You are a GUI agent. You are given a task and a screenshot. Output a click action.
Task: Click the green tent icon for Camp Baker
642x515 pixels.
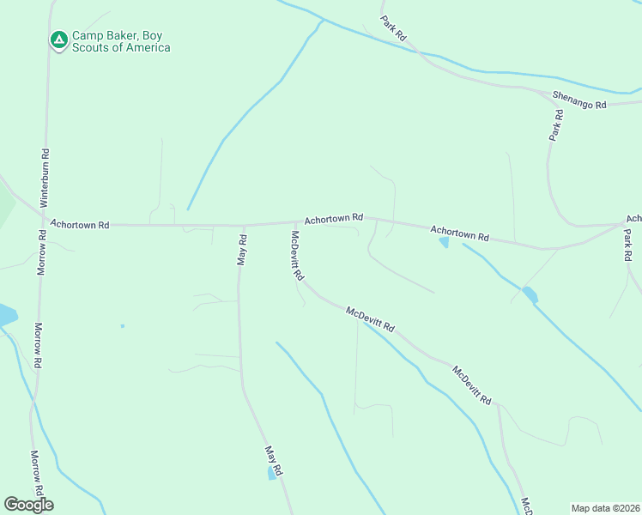58,39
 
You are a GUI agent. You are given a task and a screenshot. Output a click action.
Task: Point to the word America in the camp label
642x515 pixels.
146,48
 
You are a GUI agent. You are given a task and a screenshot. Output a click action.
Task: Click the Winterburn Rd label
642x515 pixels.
45,175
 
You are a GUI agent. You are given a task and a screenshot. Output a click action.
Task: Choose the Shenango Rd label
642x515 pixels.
579,100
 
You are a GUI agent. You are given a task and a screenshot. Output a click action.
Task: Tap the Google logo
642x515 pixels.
28,505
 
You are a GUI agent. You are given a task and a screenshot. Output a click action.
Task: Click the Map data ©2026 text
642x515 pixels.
604,507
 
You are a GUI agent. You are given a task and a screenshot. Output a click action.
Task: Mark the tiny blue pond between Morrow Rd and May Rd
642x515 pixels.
123,326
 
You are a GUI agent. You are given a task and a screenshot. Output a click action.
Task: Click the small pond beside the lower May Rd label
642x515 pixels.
272,473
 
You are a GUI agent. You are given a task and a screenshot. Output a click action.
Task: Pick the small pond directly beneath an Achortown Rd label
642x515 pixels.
444,243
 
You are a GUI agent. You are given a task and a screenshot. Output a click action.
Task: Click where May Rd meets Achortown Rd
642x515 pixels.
243,226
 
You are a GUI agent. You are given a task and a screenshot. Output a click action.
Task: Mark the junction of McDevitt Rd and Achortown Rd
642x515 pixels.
296,223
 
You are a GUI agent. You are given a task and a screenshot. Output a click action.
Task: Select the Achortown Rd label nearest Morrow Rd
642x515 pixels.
80,224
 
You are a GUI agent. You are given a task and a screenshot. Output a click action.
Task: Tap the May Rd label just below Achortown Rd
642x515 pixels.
242,251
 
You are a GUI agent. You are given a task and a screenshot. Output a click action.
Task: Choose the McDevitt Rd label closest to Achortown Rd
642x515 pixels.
298,257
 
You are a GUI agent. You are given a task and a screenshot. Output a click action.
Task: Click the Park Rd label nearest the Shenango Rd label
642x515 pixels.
557,125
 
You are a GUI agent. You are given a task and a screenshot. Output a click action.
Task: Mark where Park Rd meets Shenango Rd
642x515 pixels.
546,92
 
